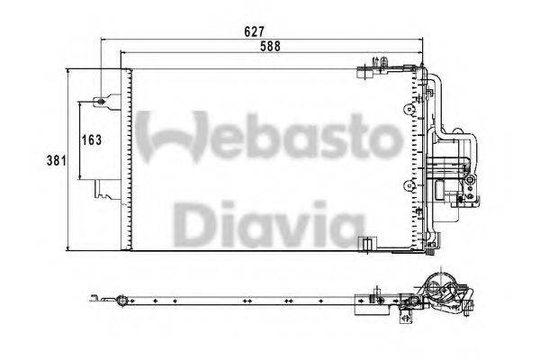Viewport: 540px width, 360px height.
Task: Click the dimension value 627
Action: (255, 31)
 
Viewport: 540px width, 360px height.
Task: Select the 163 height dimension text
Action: (90, 140)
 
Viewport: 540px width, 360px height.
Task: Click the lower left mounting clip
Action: (103, 190)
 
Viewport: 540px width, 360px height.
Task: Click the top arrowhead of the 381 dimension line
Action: (69, 70)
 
